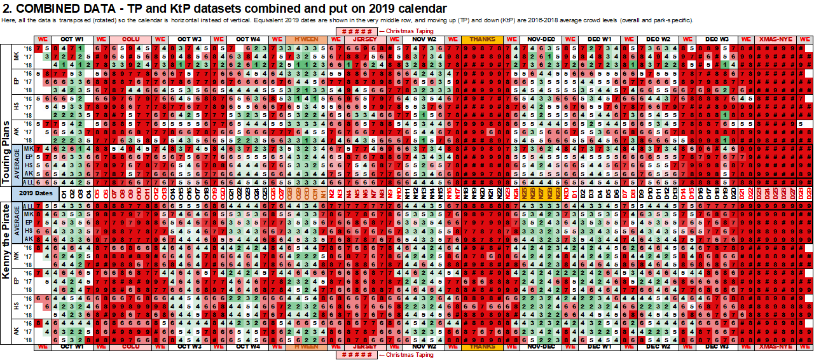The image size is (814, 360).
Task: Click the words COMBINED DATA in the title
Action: click(58, 8)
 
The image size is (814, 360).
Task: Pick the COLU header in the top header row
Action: click(131, 39)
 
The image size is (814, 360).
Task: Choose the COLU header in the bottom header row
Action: click(131, 347)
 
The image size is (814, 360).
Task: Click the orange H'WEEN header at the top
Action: click(307, 39)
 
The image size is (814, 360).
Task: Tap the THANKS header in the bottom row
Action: click(482, 347)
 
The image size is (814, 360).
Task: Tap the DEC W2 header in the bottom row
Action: click(658, 347)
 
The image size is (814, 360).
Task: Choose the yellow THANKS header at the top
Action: click(482, 39)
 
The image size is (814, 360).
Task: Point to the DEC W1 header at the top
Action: click(599, 39)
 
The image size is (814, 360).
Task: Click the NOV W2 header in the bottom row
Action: click(424, 347)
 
